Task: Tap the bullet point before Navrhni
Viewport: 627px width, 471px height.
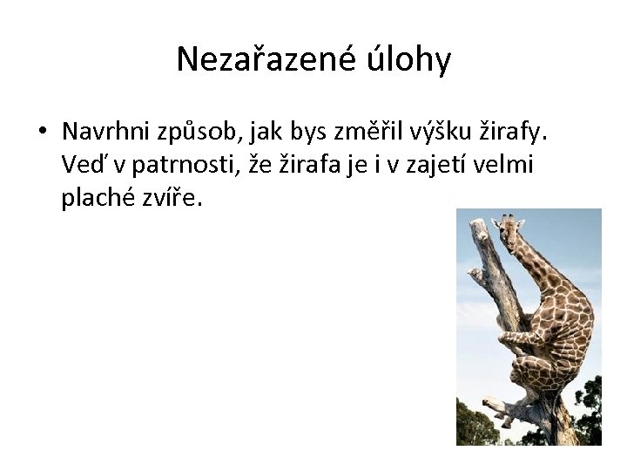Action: (x=42, y=133)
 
